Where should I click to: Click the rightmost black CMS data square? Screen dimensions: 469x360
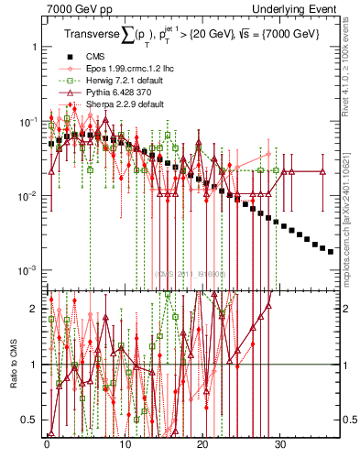[331, 252]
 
